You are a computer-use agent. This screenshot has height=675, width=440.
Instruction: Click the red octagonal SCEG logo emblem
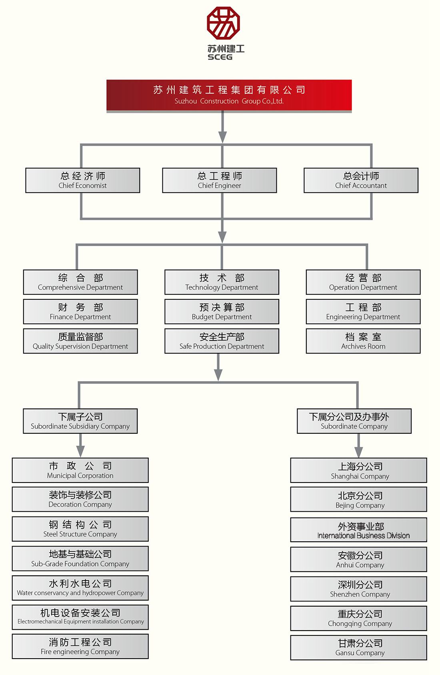click(x=223, y=23)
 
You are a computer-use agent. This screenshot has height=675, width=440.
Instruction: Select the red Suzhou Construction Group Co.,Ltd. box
click(x=229, y=95)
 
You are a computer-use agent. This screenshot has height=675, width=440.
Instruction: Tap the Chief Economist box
click(x=82, y=180)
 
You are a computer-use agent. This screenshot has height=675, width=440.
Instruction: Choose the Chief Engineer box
click(x=219, y=180)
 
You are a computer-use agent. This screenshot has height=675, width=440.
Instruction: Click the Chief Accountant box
click(x=361, y=180)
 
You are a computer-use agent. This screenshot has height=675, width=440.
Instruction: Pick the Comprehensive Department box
click(x=80, y=282)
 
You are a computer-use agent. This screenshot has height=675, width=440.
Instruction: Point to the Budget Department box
click(x=222, y=312)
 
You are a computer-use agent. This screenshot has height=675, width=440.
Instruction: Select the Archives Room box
click(x=363, y=341)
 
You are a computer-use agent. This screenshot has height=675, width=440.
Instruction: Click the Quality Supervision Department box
click(x=80, y=341)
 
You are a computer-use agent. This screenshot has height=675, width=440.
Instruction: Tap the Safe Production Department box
click(x=222, y=341)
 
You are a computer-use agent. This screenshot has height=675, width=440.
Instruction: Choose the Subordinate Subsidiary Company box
click(x=80, y=421)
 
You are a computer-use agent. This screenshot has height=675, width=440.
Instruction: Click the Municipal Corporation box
click(x=80, y=470)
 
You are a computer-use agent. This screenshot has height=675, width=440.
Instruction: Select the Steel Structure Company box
click(x=80, y=529)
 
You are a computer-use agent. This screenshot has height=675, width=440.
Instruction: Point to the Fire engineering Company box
click(x=80, y=646)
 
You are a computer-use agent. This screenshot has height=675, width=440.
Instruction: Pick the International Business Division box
click(x=359, y=529)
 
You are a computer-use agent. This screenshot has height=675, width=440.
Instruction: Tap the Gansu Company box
click(x=359, y=647)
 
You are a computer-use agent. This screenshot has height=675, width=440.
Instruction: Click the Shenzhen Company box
click(x=359, y=589)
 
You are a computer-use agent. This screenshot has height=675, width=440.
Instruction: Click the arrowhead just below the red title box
click(x=222, y=137)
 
